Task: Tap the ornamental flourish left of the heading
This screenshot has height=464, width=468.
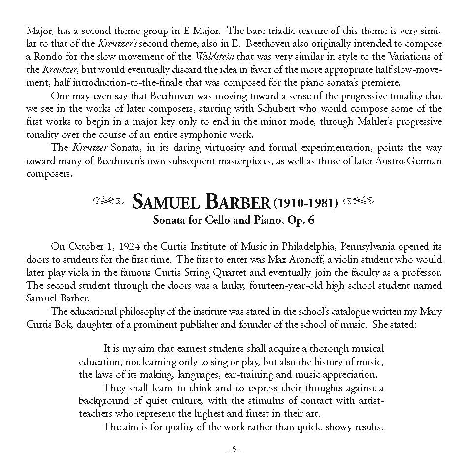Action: click(109, 201)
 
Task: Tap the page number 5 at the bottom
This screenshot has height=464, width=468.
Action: click(234, 449)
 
